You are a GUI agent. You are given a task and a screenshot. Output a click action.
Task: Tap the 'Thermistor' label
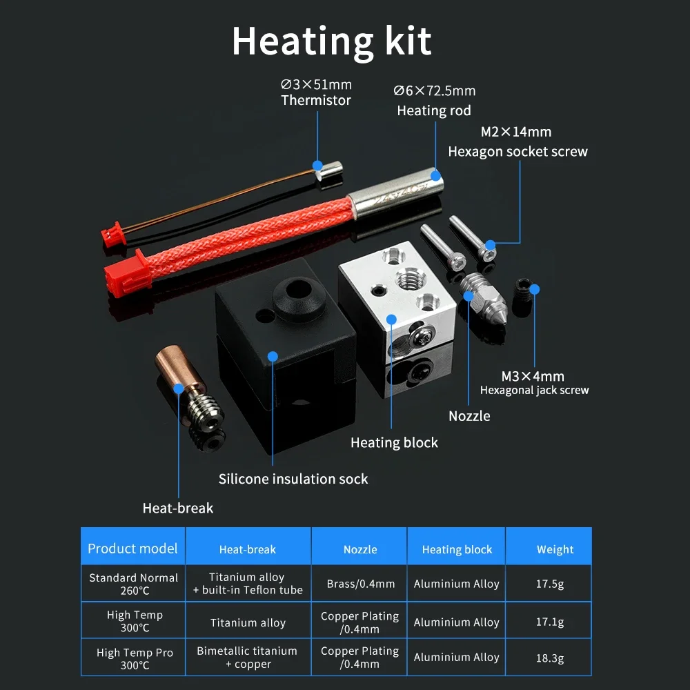click(316, 100)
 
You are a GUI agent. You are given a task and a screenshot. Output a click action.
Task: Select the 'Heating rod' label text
click(434, 110)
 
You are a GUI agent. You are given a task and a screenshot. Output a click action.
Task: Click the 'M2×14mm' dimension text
click(516, 132)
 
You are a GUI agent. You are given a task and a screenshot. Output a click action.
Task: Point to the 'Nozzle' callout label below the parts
click(469, 416)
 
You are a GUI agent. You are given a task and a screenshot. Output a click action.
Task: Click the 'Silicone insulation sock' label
click(293, 479)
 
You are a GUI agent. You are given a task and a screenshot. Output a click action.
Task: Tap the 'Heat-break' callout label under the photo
click(178, 509)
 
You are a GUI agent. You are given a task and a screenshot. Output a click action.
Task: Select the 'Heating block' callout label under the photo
click(394, 443)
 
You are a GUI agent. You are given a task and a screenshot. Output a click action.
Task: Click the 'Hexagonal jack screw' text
click(535, 391)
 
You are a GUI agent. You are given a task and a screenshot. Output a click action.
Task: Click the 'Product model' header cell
click(132, 549)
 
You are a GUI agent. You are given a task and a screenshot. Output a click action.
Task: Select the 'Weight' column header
click(555, 550)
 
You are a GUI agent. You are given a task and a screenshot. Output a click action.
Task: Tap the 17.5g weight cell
click(550, 584)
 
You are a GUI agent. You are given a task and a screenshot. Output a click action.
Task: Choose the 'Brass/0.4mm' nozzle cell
click(361, 584)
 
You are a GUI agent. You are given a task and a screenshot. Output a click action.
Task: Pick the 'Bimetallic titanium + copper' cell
click(247, 658)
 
